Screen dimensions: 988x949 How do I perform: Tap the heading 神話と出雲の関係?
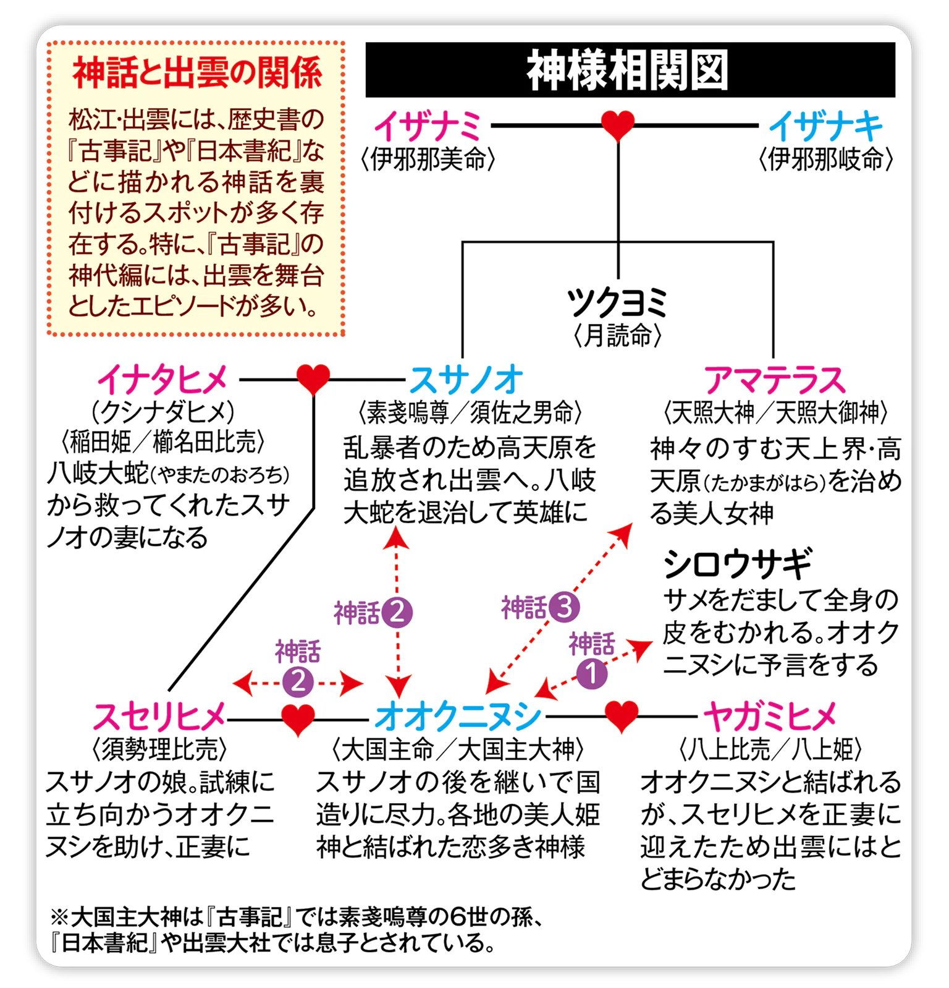[197, 73]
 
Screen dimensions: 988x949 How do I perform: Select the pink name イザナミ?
[428, 126]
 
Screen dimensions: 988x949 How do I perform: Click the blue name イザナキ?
[825, 126]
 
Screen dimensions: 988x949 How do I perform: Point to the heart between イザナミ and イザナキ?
[618, 126]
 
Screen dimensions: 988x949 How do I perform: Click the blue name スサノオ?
[465, 379]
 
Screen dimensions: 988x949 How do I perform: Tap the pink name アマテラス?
[775, 379]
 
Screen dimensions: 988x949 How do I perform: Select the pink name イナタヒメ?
[163, 379]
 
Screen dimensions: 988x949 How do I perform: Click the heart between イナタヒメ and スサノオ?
[313, 378]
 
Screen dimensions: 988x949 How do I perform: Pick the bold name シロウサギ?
[737, 563]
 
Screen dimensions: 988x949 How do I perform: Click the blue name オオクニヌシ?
[458, 717]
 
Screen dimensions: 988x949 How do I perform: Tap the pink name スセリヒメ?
[159, 717]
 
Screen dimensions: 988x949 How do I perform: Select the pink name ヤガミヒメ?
[770, 717]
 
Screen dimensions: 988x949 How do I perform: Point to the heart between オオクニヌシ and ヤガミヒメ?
[621, 716]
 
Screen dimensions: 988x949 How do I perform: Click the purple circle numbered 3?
[564, 607]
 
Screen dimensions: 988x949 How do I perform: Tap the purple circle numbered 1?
[591, 673]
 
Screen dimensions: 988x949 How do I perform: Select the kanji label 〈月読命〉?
[617, 336]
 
